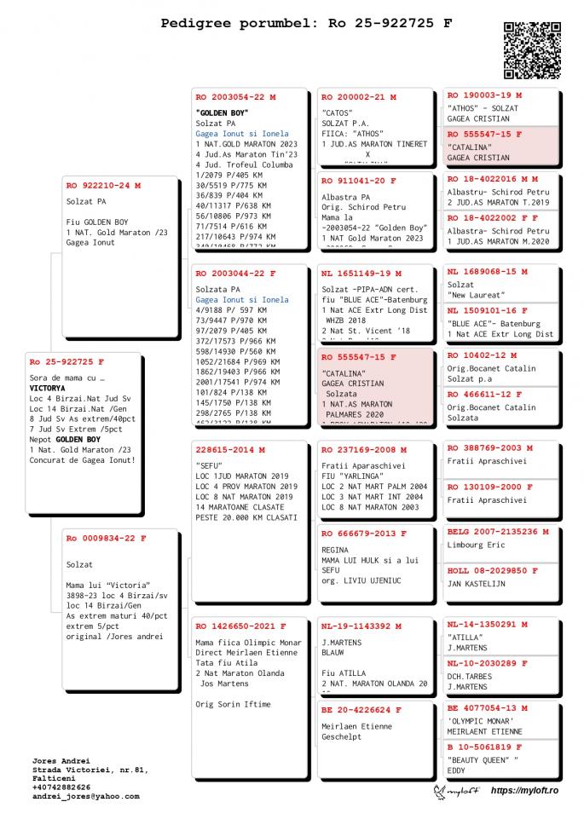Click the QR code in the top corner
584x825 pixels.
(x=532, y=49)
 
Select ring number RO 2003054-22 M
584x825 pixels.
(x=236, y=98)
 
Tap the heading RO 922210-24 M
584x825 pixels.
(x=103, y=185)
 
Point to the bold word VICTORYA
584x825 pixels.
(x=47, y=388)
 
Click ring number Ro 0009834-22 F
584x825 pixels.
(x=107, y=539)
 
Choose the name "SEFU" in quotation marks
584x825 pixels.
(x=209, y=465)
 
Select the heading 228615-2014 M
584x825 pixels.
(x=230, y=449)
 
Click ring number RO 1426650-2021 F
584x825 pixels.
(x=240, y=626)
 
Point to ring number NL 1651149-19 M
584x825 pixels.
(x=361, y=274)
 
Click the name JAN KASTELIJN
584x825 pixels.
(x=477, y=584)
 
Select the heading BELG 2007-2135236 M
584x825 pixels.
(x=498, y=532)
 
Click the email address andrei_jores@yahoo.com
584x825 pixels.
(x=85, y=796)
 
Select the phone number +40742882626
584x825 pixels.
(x=64, y=787)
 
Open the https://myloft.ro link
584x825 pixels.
(x=524, y=792)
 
